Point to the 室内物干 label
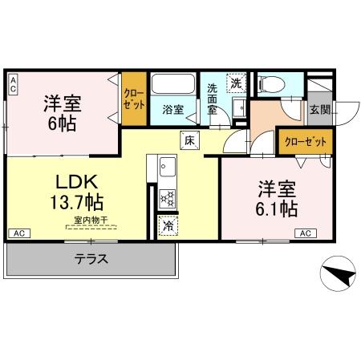89,219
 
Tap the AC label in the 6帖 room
14,85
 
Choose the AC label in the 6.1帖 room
305,233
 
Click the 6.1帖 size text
278,208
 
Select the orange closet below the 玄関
306,141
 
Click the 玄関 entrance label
318,111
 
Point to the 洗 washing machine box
237,83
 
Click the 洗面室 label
213,99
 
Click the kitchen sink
168,168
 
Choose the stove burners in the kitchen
168,196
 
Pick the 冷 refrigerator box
168,225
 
